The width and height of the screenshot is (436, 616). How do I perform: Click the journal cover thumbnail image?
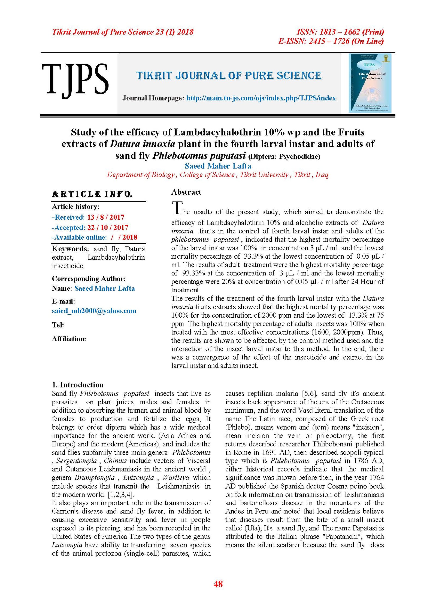370,83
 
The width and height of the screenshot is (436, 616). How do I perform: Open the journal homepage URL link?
261,98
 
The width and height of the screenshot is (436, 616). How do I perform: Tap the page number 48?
218,584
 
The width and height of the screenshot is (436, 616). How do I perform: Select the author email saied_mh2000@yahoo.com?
94,311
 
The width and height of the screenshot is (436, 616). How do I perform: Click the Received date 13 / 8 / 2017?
106,217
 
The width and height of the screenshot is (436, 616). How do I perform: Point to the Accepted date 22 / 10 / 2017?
108,227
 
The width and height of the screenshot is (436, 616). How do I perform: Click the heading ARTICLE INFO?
92,194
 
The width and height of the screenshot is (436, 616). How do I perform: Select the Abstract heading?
186,192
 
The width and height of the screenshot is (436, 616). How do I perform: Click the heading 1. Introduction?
78,385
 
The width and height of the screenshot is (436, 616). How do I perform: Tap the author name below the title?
218,166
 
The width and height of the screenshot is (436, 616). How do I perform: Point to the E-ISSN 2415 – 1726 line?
331,41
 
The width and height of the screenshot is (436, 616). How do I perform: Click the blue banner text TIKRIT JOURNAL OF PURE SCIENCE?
229,76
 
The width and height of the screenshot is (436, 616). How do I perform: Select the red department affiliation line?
217,175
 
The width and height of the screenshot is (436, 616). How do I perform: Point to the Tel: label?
58,325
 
